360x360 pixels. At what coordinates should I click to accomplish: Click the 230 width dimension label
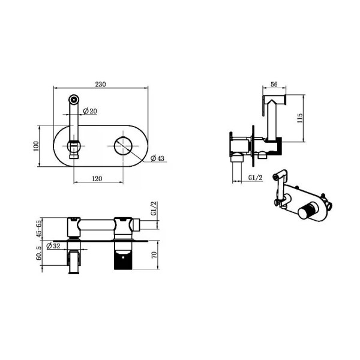101,84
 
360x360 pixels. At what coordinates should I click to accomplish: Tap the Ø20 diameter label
90,111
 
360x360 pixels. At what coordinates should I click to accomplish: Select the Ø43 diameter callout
157,158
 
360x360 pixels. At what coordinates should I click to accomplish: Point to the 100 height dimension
36,146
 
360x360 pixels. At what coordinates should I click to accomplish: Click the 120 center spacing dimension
97,179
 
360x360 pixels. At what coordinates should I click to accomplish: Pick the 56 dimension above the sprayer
274,84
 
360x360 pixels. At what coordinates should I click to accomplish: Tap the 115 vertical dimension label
300,118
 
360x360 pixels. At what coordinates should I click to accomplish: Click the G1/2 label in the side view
256,178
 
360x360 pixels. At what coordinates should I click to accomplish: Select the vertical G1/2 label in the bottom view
154,208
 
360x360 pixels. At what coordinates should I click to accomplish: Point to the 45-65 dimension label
39,229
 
